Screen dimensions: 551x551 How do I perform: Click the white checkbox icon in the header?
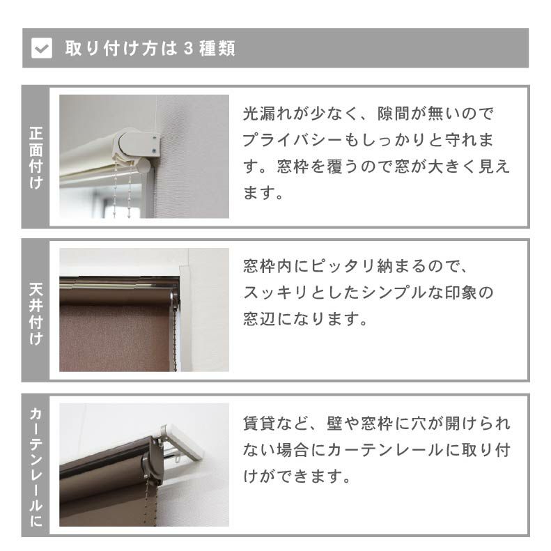coord(42,48)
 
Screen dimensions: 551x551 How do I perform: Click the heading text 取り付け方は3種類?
coord(150,48)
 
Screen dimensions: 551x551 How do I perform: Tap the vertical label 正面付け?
coord(36,158)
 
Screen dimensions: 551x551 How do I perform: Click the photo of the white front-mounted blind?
coord(143,157)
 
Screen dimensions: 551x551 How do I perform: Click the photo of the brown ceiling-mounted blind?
coord(143,310)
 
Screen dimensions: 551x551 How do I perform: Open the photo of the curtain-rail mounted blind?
coord(143,465)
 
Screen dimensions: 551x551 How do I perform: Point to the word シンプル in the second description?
coord(396,293)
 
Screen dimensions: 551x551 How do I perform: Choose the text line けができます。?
coord(296,477)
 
